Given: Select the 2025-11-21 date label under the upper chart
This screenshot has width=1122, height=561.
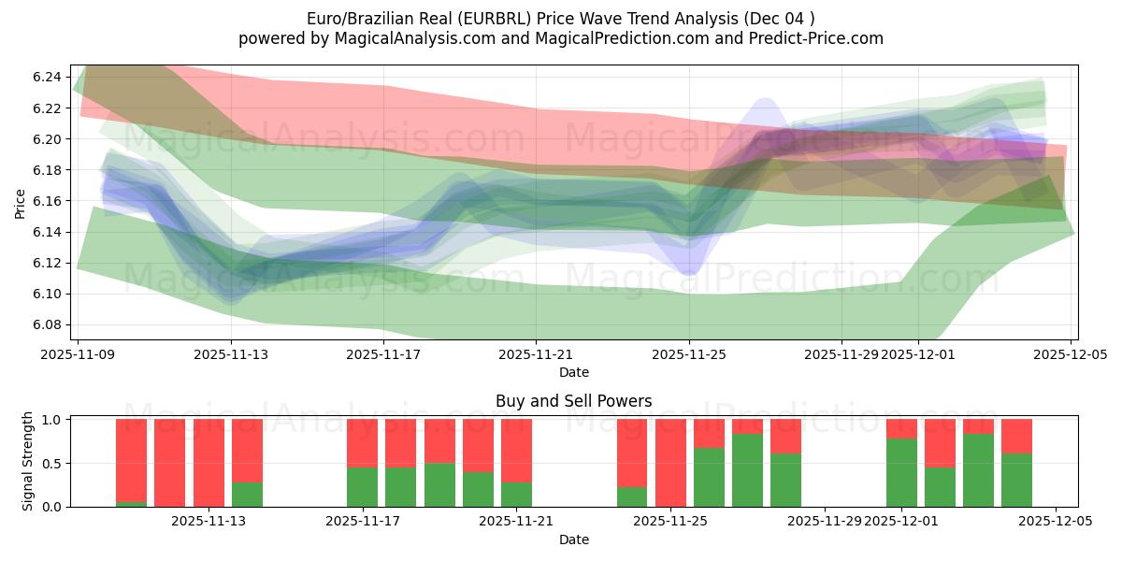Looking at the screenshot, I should pyautogui.click(x=536, y=355).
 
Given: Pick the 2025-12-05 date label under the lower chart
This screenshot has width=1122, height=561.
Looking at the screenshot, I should pyautogui.click(x=1056, y=522).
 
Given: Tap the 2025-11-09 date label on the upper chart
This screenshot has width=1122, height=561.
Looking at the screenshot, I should pyautogui.click(x=79, y=355).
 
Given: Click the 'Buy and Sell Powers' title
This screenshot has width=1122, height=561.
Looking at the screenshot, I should pyautogui.click(x=573, y=401).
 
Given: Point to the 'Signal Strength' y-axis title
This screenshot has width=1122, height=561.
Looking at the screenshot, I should pyautogui.click(x=28, y=461).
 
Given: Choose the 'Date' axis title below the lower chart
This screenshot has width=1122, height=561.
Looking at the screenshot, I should pyautogui.click(x=573, y=539).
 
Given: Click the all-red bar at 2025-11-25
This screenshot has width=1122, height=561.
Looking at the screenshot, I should pyautogui.click(x=670, y=463).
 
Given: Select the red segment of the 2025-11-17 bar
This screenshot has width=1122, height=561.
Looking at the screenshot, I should pyautogui.click(x=362, y=442).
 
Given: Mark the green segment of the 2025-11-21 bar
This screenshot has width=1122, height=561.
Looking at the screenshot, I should pyautogui.click(x=516, y=495).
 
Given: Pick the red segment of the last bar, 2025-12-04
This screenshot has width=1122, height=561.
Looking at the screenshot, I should pyautogui.click(x=1016, y=436).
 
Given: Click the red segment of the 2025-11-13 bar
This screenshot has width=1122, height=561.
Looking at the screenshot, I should pyautogui.click(x=247, y=450).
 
